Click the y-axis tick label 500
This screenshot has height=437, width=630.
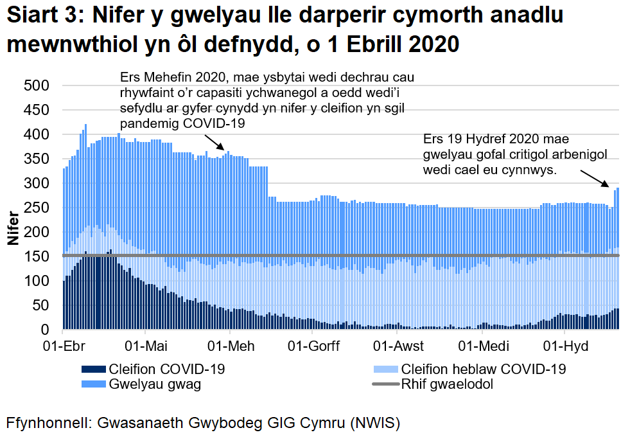(36, 86)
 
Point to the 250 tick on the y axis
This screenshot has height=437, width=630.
(36, 208)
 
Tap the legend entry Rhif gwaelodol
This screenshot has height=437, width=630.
(446, 385)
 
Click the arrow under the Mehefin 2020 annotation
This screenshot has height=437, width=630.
(213, 143)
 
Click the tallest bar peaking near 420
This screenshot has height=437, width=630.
(85, 193)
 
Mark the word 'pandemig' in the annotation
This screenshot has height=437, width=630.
(149, 123)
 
